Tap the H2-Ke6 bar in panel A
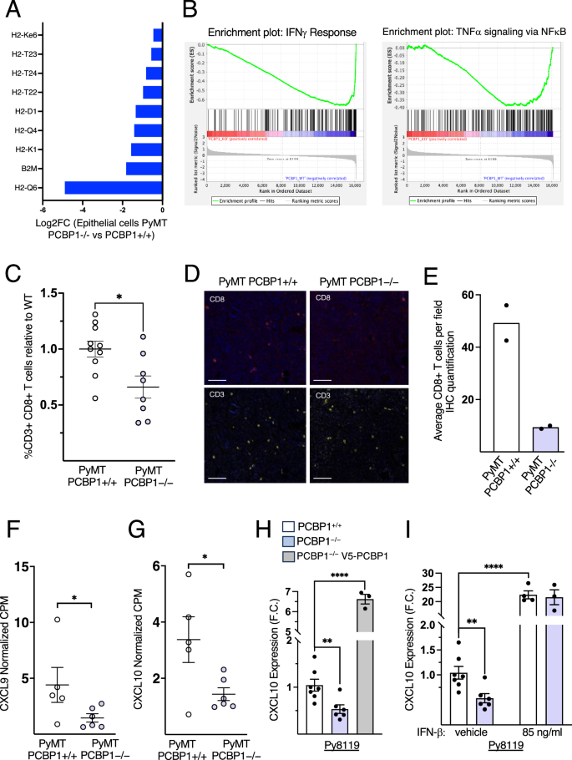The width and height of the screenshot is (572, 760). click(x=157, y=34)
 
